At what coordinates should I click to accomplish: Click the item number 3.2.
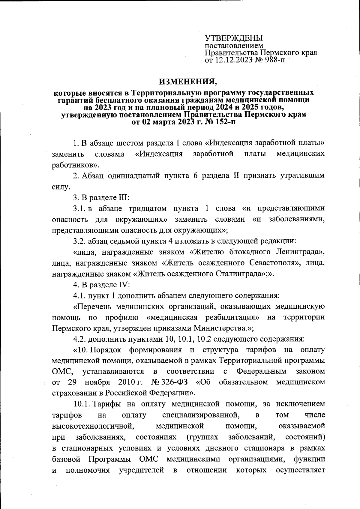(80, 241)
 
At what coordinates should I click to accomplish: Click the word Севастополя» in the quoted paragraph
(275, 263)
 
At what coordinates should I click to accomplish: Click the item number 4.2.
(80, 339)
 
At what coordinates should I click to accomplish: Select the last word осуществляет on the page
(300, 469)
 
